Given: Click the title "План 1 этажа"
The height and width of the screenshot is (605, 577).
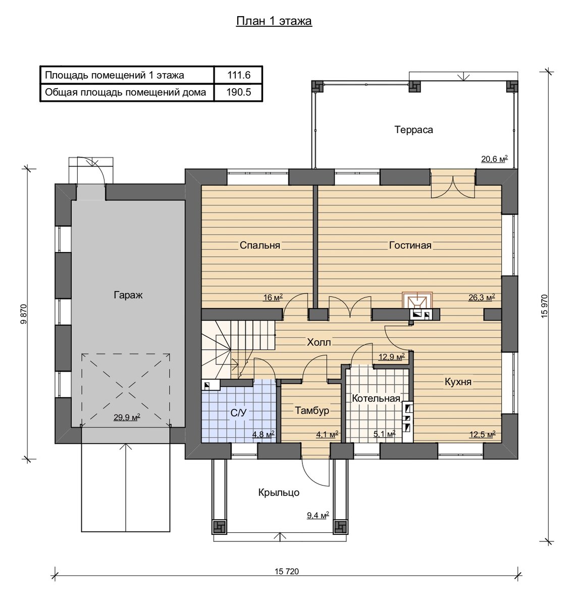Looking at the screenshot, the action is [x=274, y=21].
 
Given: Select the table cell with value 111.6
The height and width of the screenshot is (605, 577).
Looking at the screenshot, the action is [x=239, y=75].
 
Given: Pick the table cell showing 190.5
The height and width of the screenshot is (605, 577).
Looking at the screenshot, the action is [x=239, y=92].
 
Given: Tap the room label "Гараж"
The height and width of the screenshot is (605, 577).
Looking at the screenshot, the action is [x=128, y=295].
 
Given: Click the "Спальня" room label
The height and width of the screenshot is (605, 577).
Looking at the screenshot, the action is [x=260, y=245].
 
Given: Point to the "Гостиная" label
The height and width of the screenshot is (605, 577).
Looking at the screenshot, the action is [x=410, y=245].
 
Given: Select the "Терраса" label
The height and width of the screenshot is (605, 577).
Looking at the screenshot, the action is [x=413, y=130].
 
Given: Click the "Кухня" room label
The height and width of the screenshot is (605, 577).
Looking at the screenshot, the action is [x=458, y=382].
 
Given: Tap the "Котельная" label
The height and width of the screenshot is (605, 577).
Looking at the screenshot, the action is [x=376, y=398].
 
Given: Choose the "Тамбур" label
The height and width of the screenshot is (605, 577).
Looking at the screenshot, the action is [x=312, y=410].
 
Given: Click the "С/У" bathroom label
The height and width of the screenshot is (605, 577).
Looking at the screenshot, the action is [x=239, y=413].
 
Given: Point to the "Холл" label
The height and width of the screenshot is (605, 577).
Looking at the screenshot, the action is [x=319, y=342].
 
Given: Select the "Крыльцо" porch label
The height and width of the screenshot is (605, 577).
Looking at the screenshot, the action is [x=279, y=493].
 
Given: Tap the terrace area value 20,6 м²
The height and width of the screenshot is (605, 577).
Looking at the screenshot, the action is [x=494, y=159].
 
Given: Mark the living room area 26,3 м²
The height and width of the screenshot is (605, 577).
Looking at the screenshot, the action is [x=482, y=297].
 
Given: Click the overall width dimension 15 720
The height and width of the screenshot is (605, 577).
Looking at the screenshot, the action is [x=287, y=571].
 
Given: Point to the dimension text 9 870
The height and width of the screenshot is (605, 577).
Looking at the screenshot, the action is [x=24, y=314].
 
